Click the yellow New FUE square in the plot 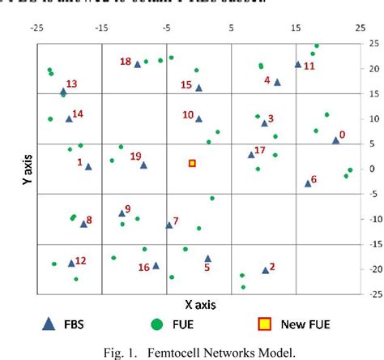(193, 163)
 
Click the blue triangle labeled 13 (63, 92)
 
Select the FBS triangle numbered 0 (335, 140)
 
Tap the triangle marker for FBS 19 (143, 165)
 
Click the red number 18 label (126, 62)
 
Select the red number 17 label (259, 150)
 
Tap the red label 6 (314, 179)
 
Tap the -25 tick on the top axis (36, 28)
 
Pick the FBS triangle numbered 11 (298, 64)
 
